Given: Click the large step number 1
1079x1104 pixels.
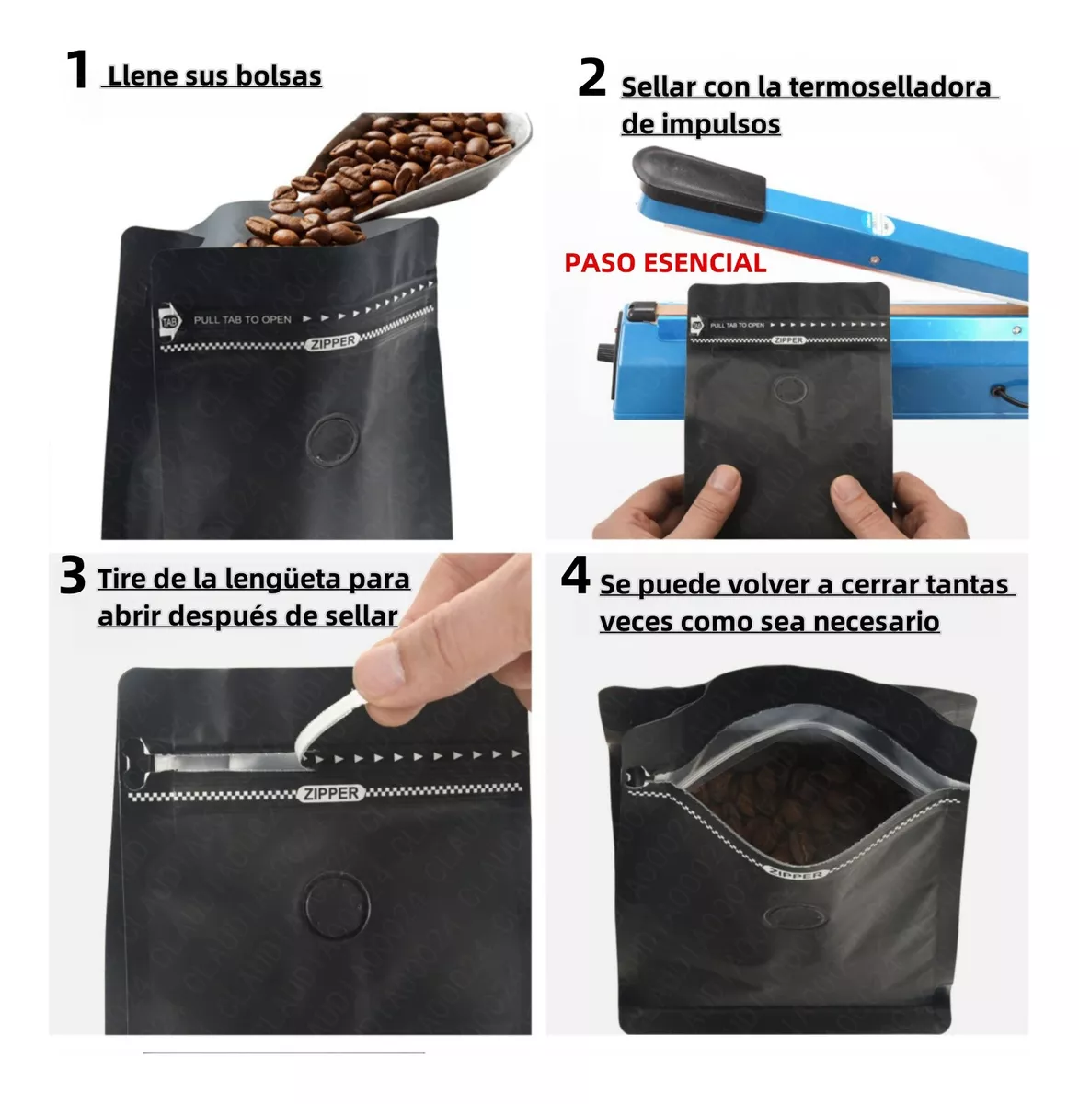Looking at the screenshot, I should click(77, 70).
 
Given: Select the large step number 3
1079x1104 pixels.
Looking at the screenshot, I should click(72, 576).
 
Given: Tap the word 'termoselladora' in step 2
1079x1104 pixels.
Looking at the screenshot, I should click(890, 87).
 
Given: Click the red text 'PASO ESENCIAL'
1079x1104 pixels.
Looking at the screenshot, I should click(664, 263).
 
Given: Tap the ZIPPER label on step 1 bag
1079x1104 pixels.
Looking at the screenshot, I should click(331, 342).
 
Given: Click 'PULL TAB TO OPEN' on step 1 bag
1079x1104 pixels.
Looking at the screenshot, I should click(242, 320).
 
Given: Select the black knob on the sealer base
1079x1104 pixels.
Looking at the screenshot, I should click(606, 353).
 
